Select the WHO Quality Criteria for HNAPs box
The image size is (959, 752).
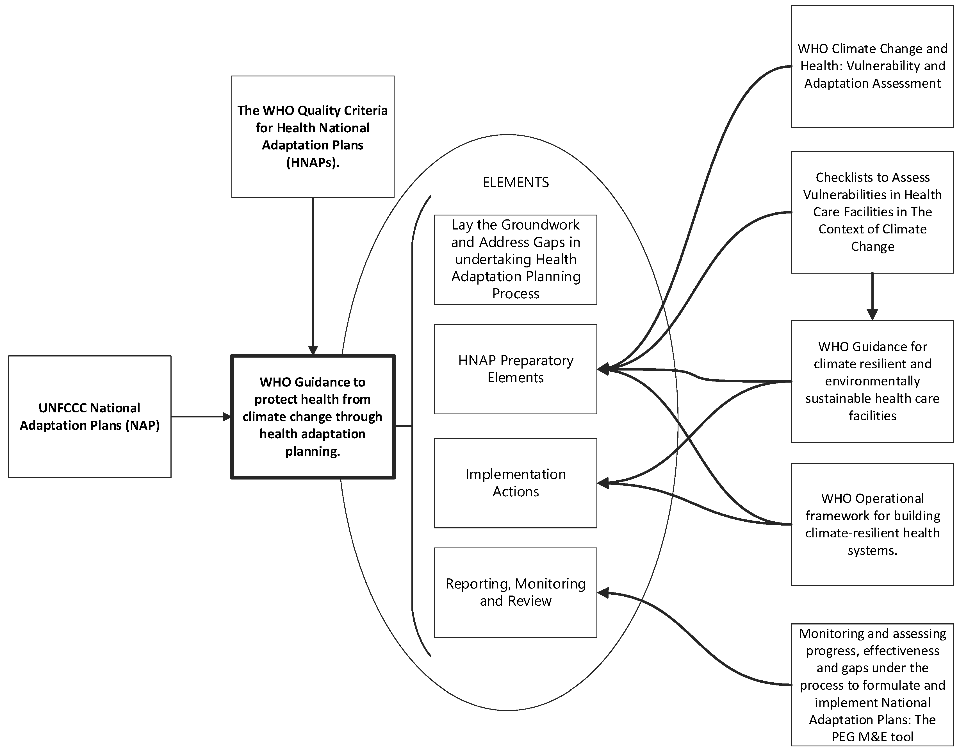[x=313, y=137]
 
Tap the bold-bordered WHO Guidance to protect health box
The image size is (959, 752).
[x=313, y=417]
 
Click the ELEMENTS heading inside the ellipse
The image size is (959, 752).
[x=515, y=182]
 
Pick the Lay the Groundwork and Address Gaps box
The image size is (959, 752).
[x=515, y=259]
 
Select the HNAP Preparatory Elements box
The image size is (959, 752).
[x=515, y=369]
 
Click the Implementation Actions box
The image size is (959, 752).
[x=515, y=483]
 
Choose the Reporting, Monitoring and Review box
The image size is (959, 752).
[x=515, y=592]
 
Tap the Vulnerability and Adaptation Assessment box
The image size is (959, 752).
[x=872, y=66]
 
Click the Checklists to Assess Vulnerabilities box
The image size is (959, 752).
[x=872, y=212]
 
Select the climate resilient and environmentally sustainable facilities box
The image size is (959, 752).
[x=872, y=381]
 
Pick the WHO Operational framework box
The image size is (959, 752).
[x=872, y=524]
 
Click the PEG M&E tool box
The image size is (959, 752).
[x=872, y=685]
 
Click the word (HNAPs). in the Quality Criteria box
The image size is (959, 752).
[x=313, y=162]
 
